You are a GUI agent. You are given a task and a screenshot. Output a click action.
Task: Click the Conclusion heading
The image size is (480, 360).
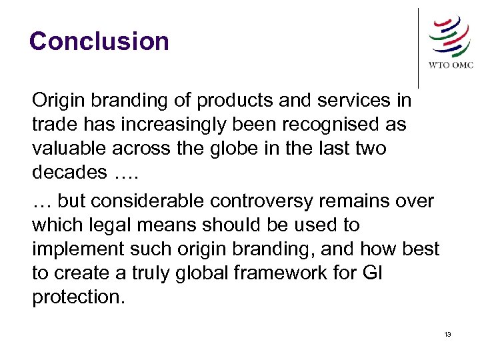pyautogui.click(x=99, y=41)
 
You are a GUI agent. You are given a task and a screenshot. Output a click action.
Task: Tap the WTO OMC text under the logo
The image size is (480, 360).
pyautogui.click(x=450, y=65)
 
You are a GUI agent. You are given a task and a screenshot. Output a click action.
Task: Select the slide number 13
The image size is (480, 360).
pyautogui.click(x=447, y=334)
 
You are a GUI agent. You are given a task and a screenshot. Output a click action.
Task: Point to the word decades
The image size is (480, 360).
pyautogui.click(x=69, y=172)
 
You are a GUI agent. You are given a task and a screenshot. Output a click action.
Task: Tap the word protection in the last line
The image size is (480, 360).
pyautogui.click(x=77, y=297)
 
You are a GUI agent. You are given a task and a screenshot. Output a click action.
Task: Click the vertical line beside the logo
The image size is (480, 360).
pyautogui.click(x=418, y=47)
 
